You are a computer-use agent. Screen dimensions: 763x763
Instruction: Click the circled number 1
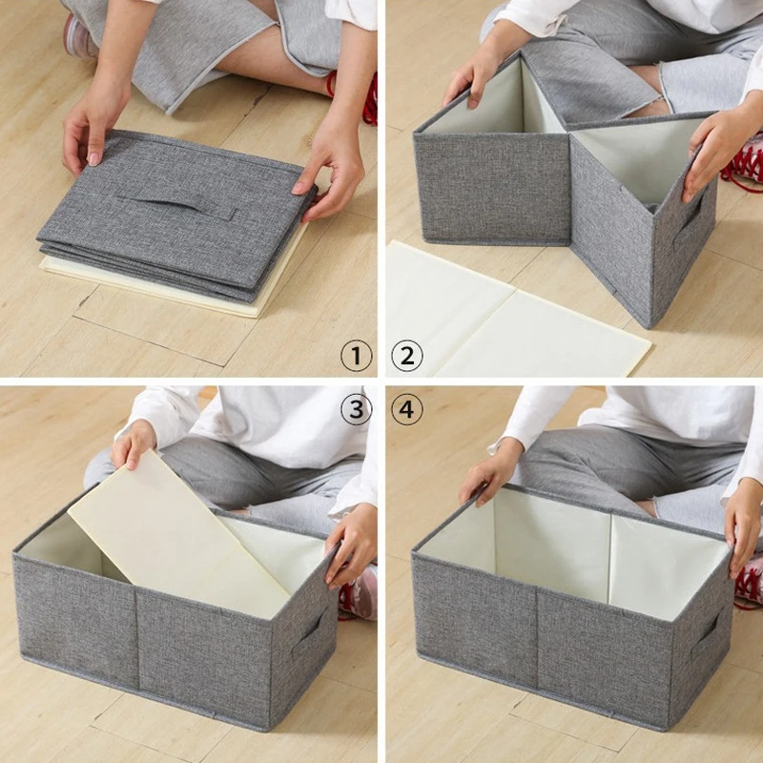(356, 356)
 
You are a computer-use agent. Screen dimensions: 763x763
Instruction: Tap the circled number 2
(407, 356)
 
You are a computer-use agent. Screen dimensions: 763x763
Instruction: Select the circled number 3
(356, 409)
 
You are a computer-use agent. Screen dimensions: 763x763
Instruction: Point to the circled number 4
(407, 409)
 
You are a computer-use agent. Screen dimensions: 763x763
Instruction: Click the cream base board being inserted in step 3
(178, 534)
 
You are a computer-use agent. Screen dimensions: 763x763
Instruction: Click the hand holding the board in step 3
(133, 443)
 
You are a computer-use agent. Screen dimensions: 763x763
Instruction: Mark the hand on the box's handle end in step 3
(351, 545)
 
